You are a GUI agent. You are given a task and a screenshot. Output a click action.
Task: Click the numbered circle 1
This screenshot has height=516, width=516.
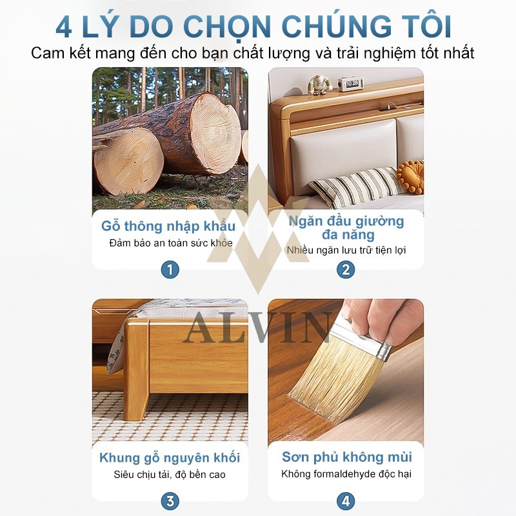170,270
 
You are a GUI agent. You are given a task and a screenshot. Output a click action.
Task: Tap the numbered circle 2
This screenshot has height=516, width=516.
346,270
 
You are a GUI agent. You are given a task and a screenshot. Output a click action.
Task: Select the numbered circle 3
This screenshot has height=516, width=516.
170,501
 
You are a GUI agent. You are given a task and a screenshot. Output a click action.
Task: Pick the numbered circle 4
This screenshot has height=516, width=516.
346,501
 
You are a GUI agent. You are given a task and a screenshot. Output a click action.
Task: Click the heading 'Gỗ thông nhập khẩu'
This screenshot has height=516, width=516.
168,226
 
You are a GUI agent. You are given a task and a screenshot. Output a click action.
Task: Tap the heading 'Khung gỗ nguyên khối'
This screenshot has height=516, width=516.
170,458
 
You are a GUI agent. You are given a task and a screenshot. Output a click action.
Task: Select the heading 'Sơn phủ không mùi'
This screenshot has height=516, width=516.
347,457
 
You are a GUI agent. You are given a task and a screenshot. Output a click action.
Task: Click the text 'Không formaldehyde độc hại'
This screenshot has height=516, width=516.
346,474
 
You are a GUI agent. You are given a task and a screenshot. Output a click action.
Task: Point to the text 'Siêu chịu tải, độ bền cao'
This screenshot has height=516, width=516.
170,475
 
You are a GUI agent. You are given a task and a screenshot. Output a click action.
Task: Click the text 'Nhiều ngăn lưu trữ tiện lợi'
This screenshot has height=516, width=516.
346,250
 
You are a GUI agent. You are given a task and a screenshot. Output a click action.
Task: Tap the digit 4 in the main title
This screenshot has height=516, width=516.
64,27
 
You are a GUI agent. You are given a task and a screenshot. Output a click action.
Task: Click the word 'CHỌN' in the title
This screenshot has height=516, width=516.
227,27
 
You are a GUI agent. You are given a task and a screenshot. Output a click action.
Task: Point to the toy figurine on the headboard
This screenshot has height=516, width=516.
317,85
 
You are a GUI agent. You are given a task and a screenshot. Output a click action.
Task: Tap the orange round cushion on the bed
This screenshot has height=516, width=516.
410,176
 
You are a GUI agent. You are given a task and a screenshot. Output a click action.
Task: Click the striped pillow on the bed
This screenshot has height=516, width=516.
355,186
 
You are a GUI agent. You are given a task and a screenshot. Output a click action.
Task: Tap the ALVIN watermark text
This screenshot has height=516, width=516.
257,328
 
